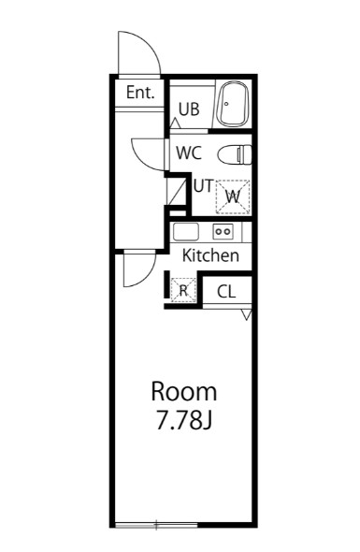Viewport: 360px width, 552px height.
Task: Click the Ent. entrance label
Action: (x=140, y=94)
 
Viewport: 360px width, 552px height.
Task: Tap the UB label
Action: (x=189, y=109)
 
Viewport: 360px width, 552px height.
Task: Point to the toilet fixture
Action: (x=235, y=154)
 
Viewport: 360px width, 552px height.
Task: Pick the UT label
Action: (x=202, y=184)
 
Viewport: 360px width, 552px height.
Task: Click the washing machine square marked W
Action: (x=234, y=196)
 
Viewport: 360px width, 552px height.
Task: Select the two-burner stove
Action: (x=223, y=232)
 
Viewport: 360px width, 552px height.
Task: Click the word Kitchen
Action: (x=210, y=255)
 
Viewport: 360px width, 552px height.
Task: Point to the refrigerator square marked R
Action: (x=184, y=291)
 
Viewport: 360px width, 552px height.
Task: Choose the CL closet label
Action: (x=226, y=292)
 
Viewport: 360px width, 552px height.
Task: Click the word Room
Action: (x=184, y=391)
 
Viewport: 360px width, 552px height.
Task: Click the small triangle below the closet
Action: (x=246, y=315)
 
